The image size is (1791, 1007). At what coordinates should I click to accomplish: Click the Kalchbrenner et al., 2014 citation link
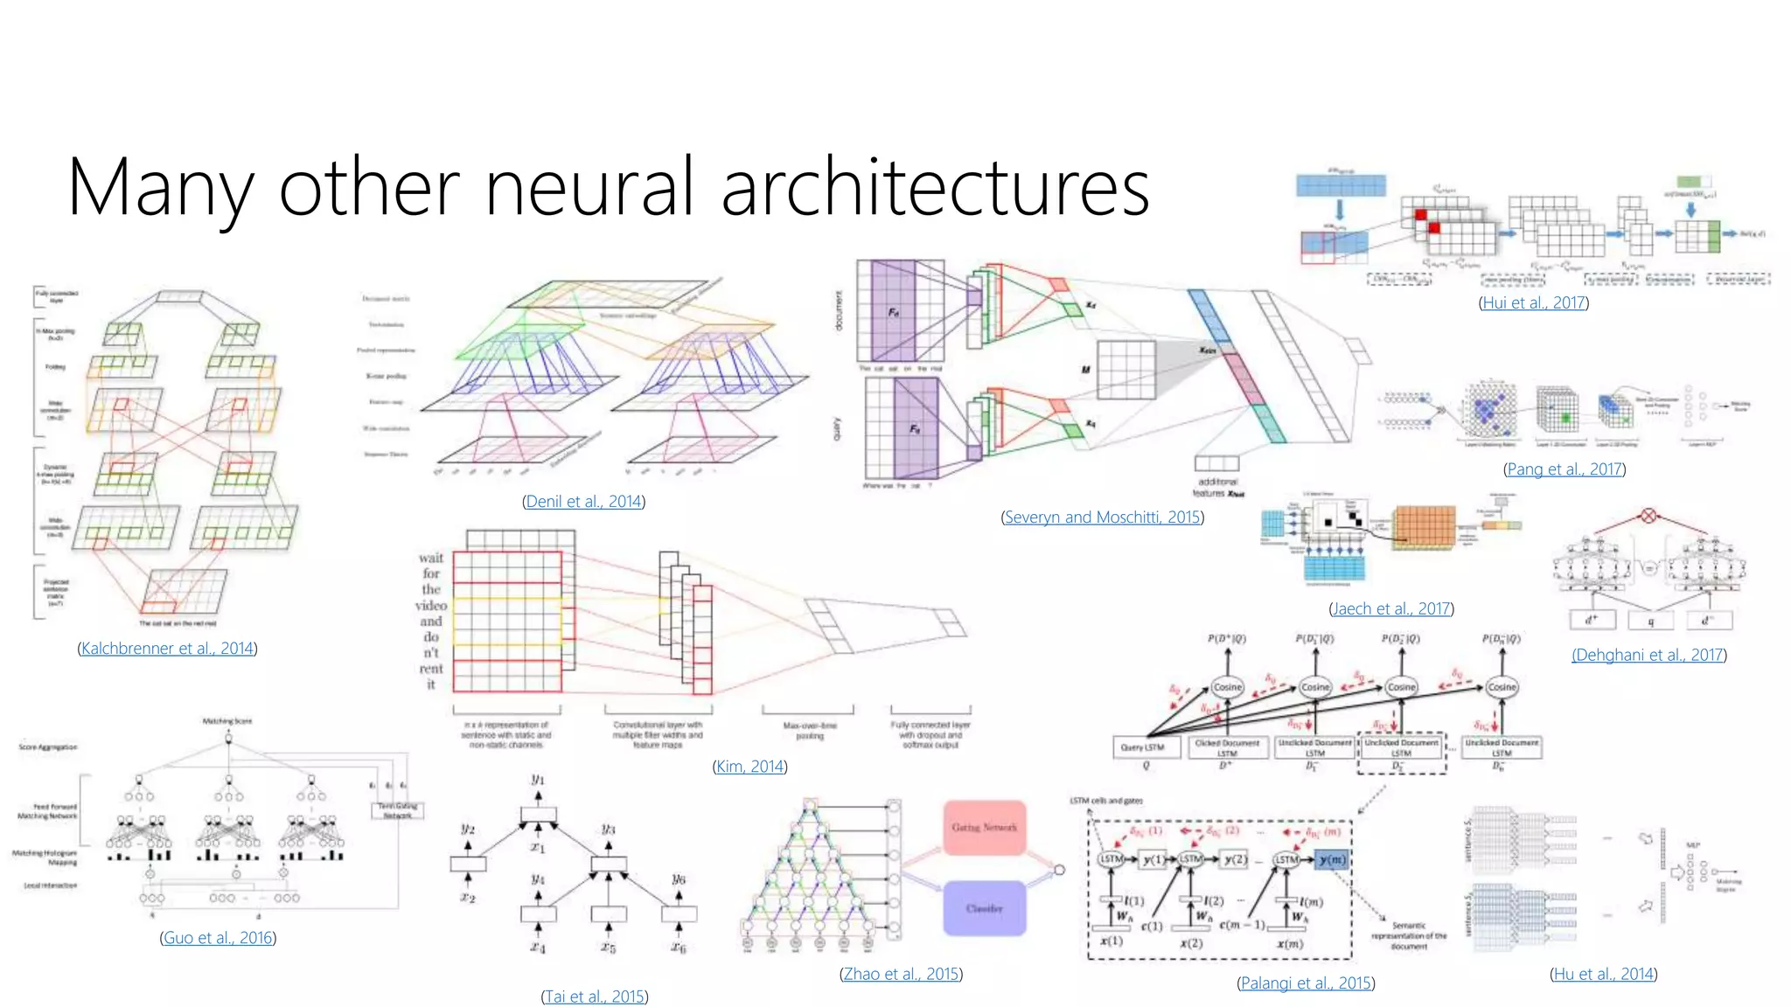167,649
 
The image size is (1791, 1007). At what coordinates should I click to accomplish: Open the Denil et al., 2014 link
583,502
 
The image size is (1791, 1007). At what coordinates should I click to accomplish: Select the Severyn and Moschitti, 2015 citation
1102,517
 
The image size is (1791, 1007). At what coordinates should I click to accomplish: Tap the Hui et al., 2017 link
1534,303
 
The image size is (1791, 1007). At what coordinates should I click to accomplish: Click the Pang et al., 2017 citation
1564,469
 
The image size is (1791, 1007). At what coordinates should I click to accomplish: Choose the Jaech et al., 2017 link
1390,608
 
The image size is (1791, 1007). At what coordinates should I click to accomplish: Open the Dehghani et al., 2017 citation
1648,655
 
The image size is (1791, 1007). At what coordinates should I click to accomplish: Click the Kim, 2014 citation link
749,767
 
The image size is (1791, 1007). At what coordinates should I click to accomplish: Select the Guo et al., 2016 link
218,938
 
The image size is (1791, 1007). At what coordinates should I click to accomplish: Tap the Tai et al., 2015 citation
595,997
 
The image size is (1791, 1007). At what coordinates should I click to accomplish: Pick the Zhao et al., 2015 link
901,974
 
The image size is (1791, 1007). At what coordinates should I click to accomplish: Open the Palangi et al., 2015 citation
1306,983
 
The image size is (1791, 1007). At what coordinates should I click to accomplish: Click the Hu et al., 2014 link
1604,974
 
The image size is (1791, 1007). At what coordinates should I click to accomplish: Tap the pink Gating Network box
984,827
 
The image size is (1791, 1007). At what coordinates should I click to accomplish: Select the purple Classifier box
984,908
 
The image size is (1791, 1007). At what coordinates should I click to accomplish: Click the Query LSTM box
1142,747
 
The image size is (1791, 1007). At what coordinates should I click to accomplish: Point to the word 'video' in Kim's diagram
431,606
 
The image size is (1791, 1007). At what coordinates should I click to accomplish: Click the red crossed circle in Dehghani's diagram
1648,516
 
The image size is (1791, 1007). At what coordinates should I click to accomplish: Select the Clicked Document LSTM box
1227,747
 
